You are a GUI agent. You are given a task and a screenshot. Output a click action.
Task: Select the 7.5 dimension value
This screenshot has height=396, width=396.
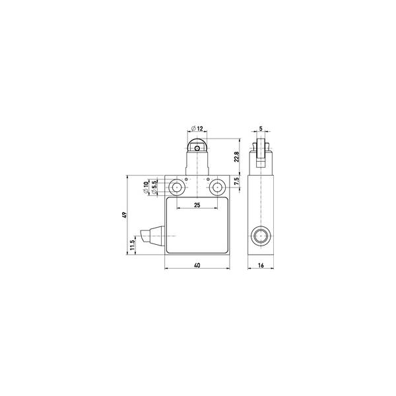(236, 182)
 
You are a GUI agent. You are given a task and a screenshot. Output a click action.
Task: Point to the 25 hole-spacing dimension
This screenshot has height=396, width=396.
(197, 205)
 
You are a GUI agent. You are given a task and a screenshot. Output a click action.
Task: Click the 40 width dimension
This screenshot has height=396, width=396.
(197, 265)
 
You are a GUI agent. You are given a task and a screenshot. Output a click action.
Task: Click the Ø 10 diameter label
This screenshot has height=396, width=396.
(145, 188)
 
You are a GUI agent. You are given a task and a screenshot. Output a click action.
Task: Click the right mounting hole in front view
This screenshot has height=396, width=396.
(217, 187)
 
